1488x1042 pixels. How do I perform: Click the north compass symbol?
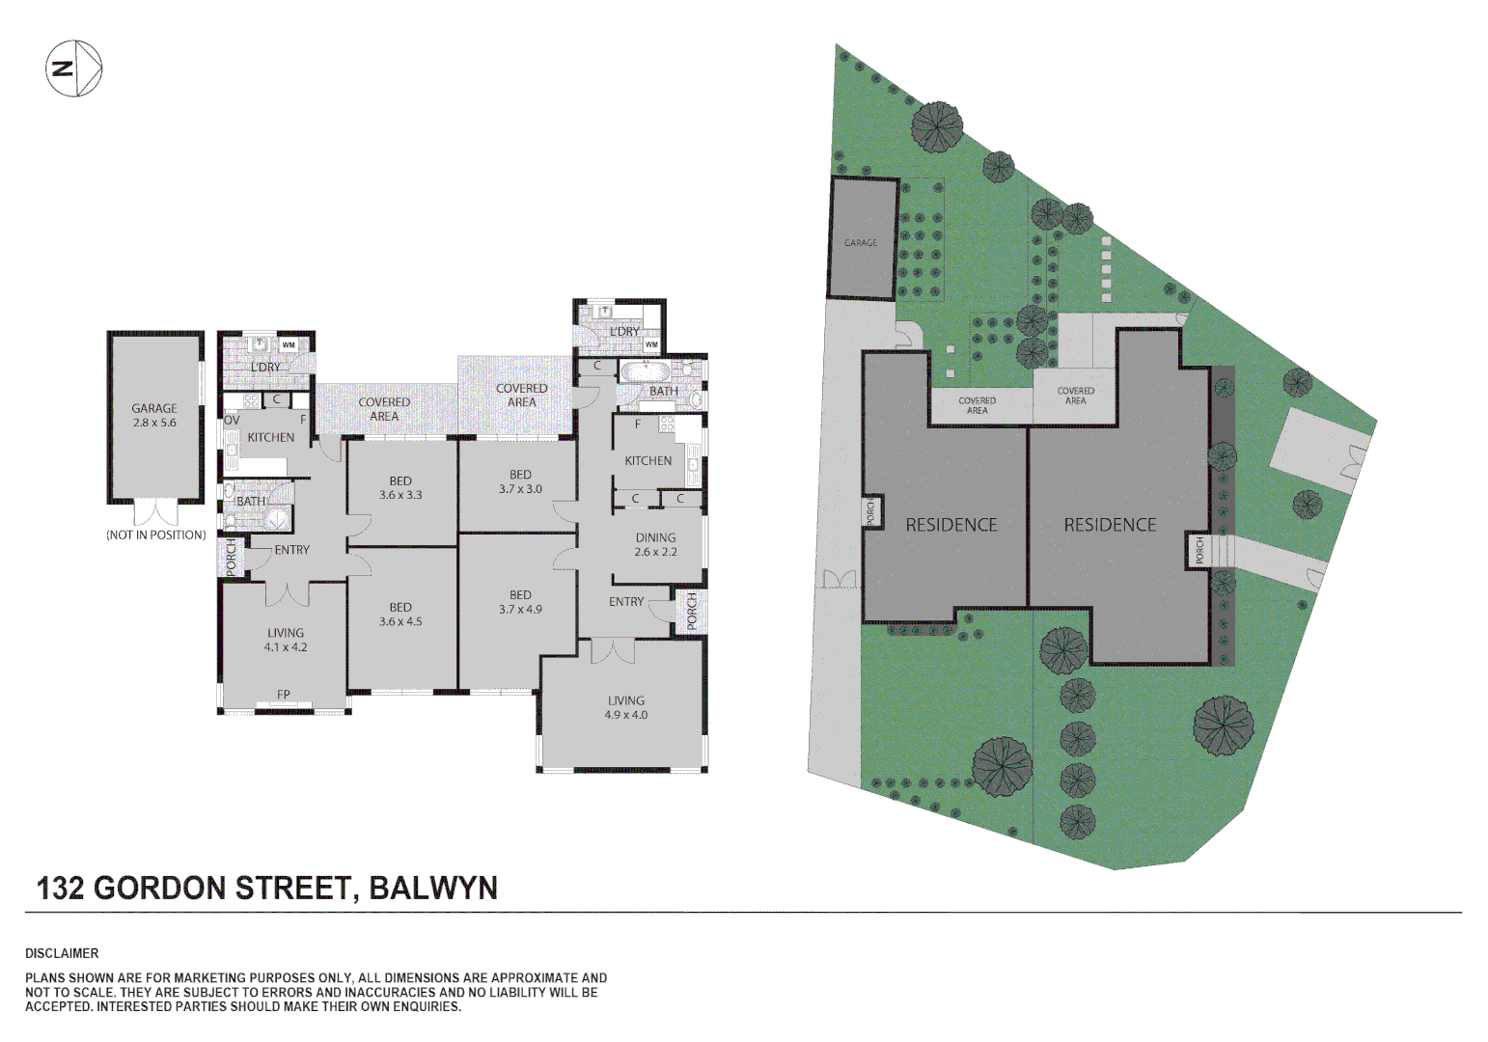pyautogui.click(x=74, y=69)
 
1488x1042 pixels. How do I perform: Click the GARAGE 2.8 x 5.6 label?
pyautogui.click(x=154, y=416)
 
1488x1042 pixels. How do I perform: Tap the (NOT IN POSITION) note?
pyautogui.click(x=156, y=535)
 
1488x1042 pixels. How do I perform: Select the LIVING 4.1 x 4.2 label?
pyautogui.click(x=286, y=641)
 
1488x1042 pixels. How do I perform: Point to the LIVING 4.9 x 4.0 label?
pyautogui.click(x=626, y=708)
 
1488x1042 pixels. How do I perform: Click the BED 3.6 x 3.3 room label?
pyautogui.click(x=400, y=488)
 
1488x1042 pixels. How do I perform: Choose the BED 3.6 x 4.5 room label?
pyautogui.click(x=400, y=615)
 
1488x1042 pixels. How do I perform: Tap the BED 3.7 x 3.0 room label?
pyautogui.click(x=520, y=481)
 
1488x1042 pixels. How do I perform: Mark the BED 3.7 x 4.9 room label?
pyautogui.click(x=520, y=602)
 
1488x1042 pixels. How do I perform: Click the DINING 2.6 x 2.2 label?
pyautogui.click(x=655, y=545)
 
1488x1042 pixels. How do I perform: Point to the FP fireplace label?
pyautogui.click(x=284, y=695)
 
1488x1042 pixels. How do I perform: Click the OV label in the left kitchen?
pyautogui.click(x=232, y=421)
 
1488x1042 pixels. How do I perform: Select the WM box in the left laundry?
pyautogui.click(x=289, y=344)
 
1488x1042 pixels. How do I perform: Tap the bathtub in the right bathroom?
pyautogui.click(x=642, y=371)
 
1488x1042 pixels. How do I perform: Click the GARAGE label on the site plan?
pyautogui.click(x=861, y=243)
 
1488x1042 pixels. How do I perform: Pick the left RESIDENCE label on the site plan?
pyautogui.click(x=951, y=525)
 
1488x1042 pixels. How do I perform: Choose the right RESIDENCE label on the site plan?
pyautogui.click(x=1110, y=525)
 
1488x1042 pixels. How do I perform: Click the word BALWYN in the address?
pyautogui.click(x=433, y=888)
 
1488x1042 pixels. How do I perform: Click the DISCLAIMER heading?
pyautogui.click(x=62, y=953)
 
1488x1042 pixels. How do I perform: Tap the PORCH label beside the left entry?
pyautogui.click(x=232, y=558)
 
